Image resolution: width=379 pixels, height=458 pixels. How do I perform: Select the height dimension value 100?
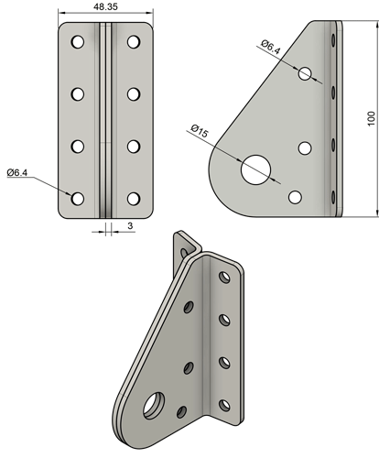point(370,120)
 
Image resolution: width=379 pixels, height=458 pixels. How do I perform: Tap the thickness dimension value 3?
point(130,224)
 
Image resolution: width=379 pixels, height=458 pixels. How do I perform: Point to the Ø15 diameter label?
point(200,132)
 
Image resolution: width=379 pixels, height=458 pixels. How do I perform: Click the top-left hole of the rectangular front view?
point(77,42)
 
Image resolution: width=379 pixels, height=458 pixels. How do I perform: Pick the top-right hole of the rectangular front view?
point(135,42)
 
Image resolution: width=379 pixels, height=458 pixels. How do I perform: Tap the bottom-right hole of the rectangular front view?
point(135,198)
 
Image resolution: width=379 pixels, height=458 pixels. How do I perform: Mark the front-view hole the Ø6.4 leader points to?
point(77,198)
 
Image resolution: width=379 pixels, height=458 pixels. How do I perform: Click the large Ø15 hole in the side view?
point(256,167)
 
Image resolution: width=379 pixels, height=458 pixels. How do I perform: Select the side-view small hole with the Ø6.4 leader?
point(305,72)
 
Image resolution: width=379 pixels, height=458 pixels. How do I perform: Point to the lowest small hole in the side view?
point(295,196)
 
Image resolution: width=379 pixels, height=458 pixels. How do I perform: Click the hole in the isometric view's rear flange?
point(190,247)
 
